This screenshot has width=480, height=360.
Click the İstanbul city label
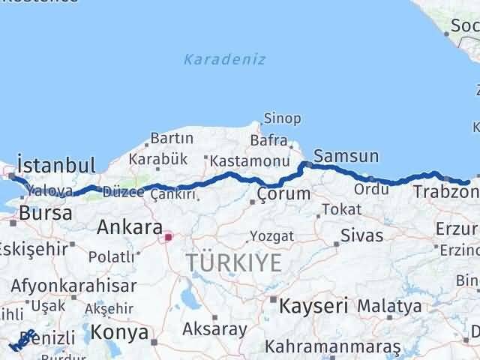pyautogui.click(x=56, y=165)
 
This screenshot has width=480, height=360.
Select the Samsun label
pyautogui.click(x=346, y=156)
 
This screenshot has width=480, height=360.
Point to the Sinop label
pyautogui.click(x=282, y=118)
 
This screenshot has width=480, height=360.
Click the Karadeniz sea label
pyautogui.click(x=224, y=59)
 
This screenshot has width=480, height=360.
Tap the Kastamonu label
pyautogui.click(x=250, y=161)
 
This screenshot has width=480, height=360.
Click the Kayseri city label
pyautogui.click(x=313, y=305)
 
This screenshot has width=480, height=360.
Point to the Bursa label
pyautogui.click(x=46, y=213)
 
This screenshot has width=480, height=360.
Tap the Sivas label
pyautogui.click(x=361, y=235)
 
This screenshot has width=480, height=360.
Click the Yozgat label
pyautogui.click(x=272, y=236)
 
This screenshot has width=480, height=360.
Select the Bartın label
pyautogui.click(x=172, y=139)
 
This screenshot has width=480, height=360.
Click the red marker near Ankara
pyautogui.click(x=169, y=238)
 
